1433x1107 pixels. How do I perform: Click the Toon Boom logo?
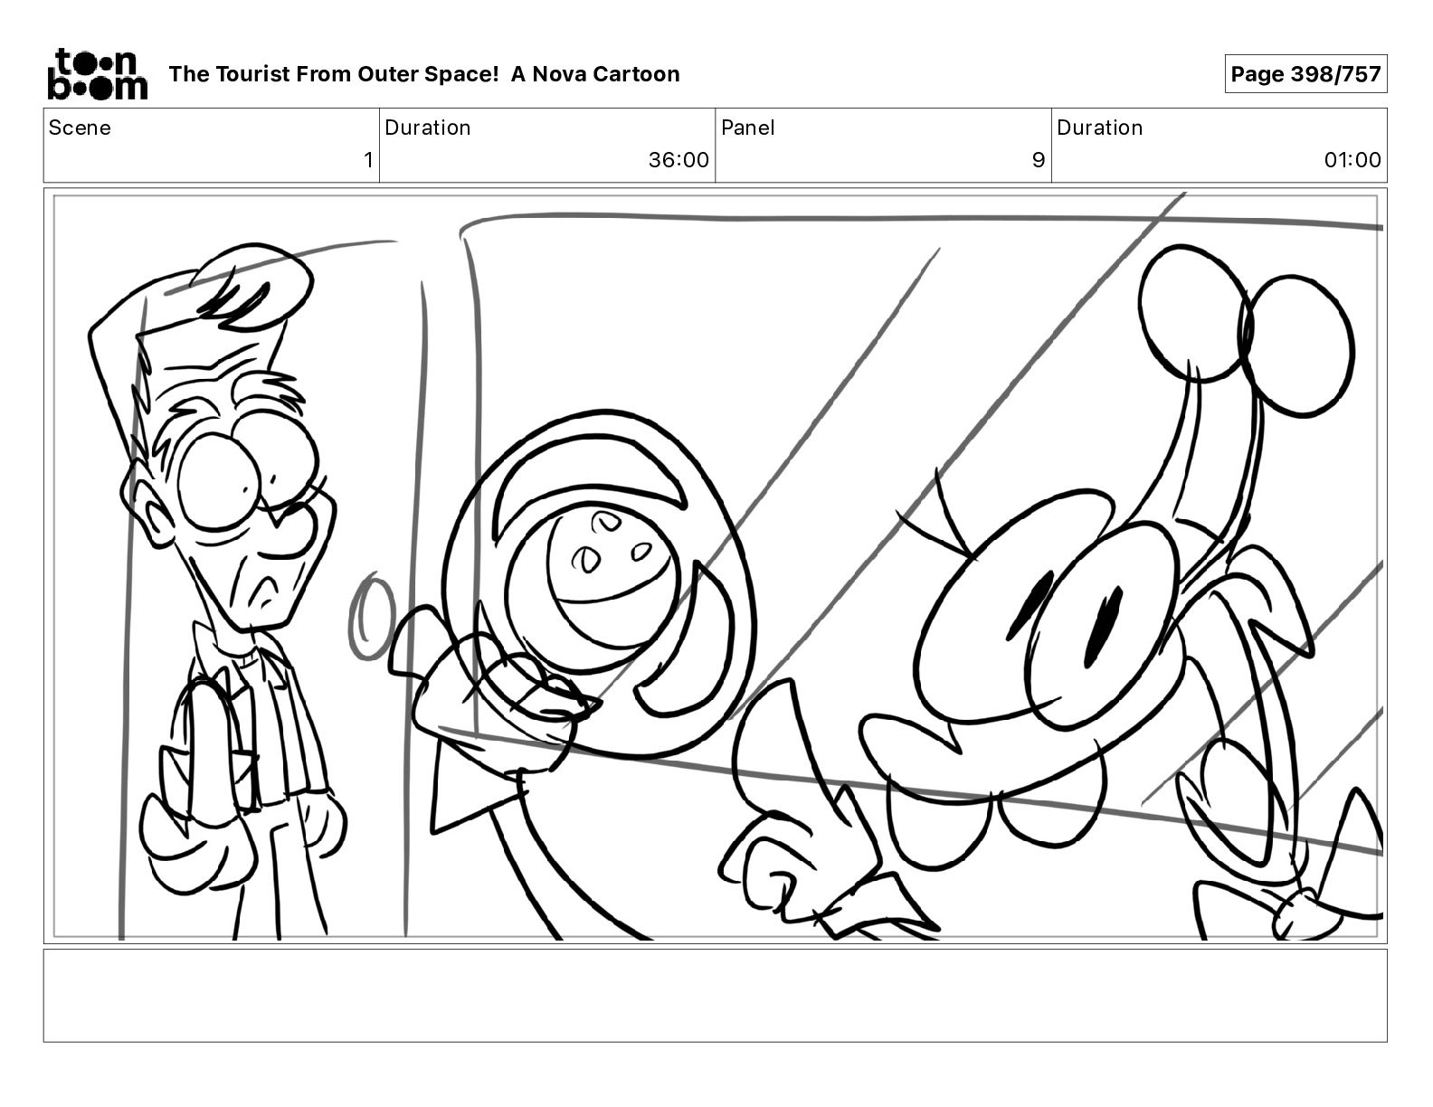[x=98, y=74]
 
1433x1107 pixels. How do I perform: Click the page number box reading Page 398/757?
[x=1305, y=74]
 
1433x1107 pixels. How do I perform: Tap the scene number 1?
[x=368, y=159]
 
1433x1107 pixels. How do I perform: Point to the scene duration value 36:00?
[x=679, y=159]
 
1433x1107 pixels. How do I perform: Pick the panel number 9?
[x=1038, y=159]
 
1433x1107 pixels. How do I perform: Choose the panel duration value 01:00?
[x=1352, y=159]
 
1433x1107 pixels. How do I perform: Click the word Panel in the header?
[x=748, y=128]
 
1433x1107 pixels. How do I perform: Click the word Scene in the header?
[x=80, y=128]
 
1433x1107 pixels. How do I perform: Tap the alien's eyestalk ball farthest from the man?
[x=1297, y=346]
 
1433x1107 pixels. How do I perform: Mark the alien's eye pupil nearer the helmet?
[x=1026, y=604]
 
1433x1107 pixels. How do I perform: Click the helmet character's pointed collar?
[x=475, y=785]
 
